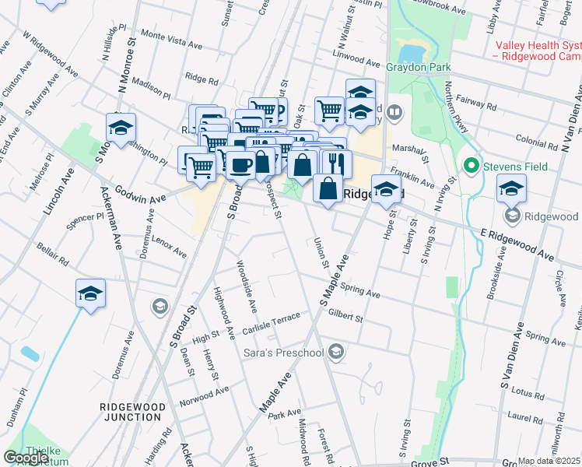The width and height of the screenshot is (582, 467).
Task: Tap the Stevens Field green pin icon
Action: [x=470, y=166]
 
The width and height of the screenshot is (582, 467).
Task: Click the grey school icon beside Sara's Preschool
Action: [x=335, y=353]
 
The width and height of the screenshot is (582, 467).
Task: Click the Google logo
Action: [x=26, y=458]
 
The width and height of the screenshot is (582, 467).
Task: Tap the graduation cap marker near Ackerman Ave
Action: [x=90, y=293]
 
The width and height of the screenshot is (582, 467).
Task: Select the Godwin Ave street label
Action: [x=141, y=195]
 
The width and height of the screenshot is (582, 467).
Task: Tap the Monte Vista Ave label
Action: [x=171, y=35]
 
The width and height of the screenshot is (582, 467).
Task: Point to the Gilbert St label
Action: [x=345, y=316]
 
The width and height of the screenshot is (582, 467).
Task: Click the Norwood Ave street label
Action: [x=204, y=395]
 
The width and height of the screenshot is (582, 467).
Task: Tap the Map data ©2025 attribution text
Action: [x=549, y=461]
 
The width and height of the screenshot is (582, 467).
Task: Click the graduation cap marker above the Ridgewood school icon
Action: [x=511, y=188]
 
